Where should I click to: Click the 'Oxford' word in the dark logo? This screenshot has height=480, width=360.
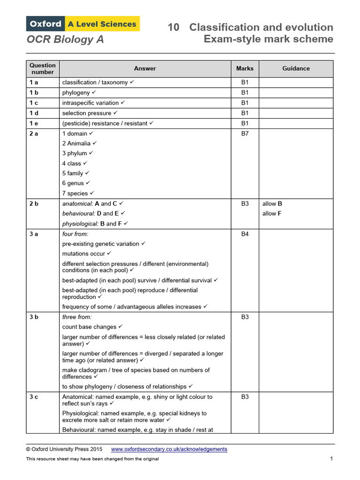(45, 24)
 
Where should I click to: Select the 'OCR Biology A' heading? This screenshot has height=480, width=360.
(65, 40)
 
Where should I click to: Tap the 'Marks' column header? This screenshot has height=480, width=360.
(245, 68)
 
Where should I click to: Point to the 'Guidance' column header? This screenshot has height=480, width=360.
(296, 68)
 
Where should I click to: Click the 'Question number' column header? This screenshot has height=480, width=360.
(42, 68)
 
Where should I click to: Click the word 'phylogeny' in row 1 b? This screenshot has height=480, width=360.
(76, 93)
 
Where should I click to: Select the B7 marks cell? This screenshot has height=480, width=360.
(245, 134)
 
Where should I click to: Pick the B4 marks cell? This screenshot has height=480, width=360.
(245, 234)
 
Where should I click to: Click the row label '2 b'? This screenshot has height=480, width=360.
(34, 204)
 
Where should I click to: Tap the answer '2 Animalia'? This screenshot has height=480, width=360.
(76, 143)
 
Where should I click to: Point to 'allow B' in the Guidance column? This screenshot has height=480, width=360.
(272, 204)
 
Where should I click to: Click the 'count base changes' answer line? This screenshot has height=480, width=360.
(89, 327)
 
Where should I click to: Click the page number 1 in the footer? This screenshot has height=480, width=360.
(331, 458)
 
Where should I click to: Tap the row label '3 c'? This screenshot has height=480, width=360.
(34, 397)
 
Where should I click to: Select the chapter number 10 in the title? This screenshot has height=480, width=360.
(173, 28)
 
